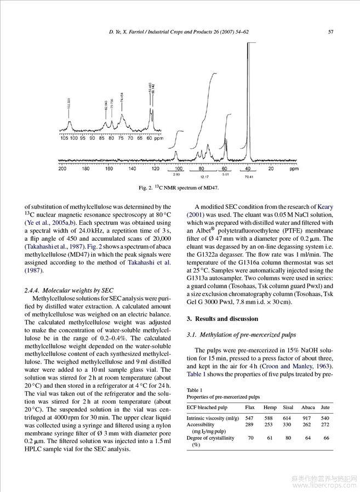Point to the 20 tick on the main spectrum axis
271,169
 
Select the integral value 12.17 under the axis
205,178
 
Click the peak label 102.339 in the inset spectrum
68,103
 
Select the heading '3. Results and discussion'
215,319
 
